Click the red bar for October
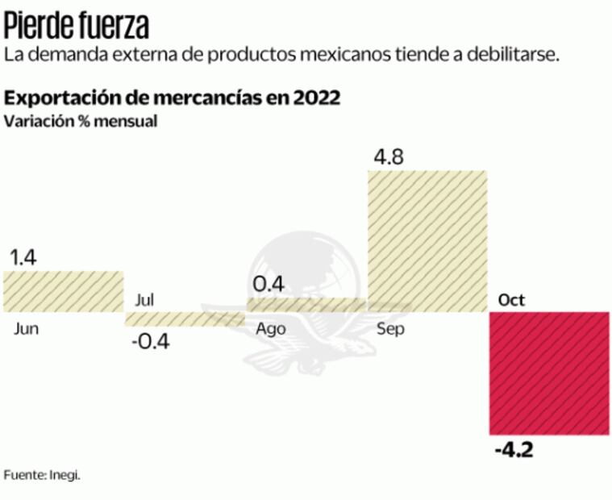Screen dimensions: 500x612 pyautogui.click(x=549, y=373)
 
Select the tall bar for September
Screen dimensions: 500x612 pyautogui.click(x=427, y=240)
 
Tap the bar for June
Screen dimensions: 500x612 pyautogui.click(x=63, y=291)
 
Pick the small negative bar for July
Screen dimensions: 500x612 pyautogui.click(x=185, y=319)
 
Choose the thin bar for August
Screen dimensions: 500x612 pyautogui.click(x=306, y=304)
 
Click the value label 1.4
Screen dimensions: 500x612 pyautogui.click(x=23, y=258)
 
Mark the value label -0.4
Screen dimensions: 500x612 pyautogui.click(x=151, y=342)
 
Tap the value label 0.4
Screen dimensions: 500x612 pyautogui.click(x=269, y=284)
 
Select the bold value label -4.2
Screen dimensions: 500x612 pyautogui.click(x=513, y=448)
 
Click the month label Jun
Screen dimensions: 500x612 pyautogui.click(x=27, y=329)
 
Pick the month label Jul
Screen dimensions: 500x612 pyautogui.click(x=144, y=300)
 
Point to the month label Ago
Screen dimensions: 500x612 pyautogui.click(x=270, y=329)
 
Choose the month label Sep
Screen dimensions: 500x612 pyautogui.click(x=390, y=329)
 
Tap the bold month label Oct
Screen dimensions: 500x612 pyautogui.click(x=511, y=300)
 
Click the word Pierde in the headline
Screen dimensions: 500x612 pyautogui.click(x=40, y=26)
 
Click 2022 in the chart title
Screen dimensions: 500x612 pyautogui.click(x=315, y=98)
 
